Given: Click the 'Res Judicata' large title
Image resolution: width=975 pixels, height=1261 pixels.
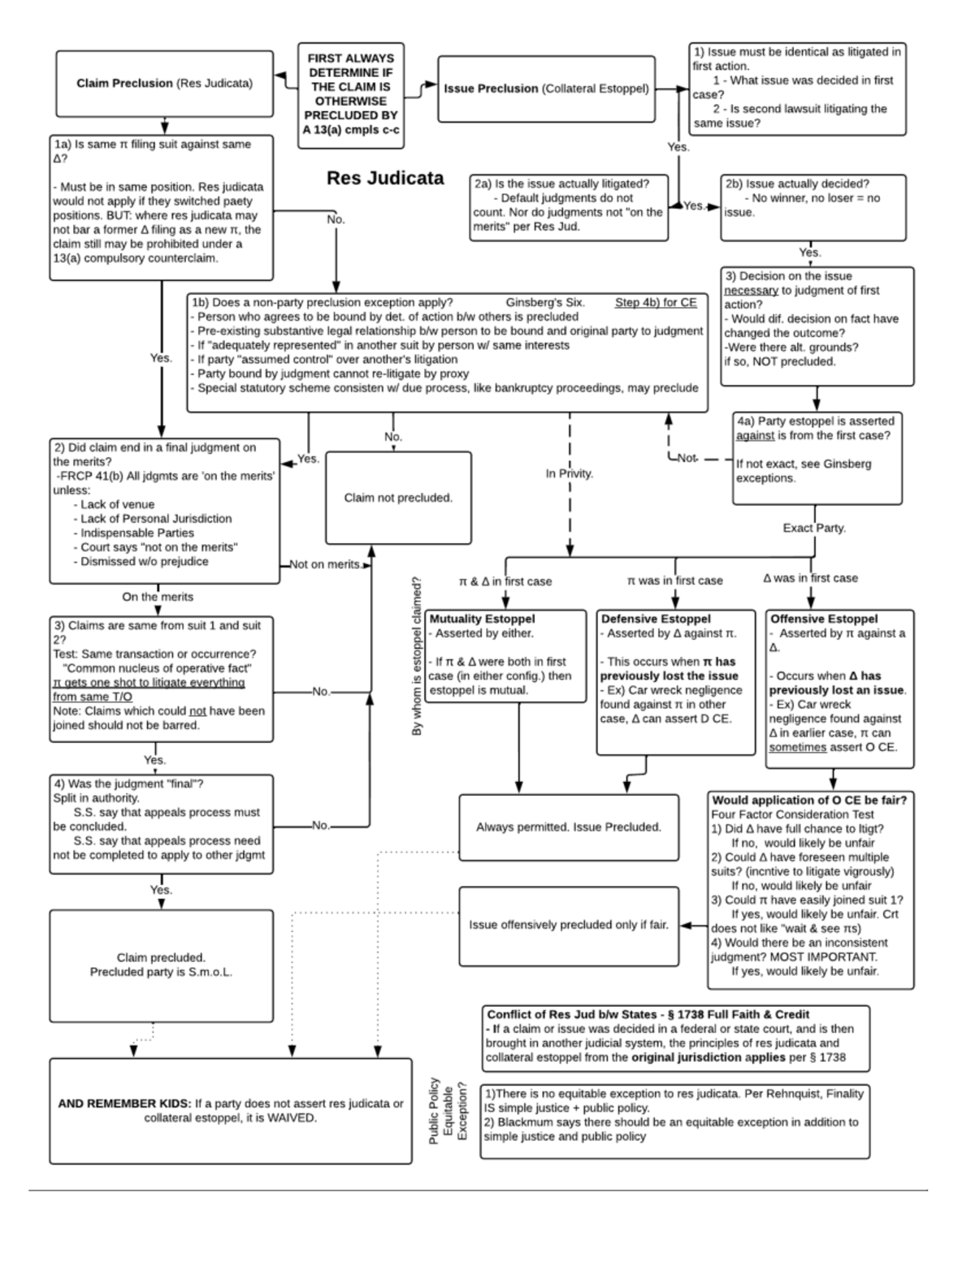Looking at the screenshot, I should click(x=385, y=178).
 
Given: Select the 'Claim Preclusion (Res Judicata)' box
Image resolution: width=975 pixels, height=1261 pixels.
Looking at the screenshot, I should click(x=164, y=84).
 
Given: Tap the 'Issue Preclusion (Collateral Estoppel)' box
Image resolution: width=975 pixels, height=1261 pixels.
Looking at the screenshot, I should click(x=546, y=89).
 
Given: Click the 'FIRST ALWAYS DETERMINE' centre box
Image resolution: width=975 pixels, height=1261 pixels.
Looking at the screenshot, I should click(x=351, y=94).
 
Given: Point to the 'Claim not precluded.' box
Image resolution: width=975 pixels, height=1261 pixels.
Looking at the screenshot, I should click(x=398, y=498).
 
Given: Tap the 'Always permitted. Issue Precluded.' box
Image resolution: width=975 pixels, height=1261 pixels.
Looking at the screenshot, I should click(x=569, y=827).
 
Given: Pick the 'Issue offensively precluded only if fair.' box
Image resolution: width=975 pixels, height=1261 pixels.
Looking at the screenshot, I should click(x=569, y=925).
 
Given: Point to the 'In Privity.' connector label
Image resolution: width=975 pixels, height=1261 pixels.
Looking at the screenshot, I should click(x=570, y=473).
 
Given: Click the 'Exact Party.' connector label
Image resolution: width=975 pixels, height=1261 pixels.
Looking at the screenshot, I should click(x=814, y=528).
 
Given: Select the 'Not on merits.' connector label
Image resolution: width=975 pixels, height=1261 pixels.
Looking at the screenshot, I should click(x=325, y=564).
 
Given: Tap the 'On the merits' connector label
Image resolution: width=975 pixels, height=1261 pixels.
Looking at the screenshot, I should click(x=158, y=597).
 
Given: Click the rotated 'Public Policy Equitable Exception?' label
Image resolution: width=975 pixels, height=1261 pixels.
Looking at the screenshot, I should click(x=448, y=1112).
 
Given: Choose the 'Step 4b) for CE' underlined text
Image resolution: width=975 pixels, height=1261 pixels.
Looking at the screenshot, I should click(x=656, y=303).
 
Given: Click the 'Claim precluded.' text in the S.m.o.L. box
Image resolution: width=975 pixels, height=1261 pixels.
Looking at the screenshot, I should click(x=161, y=957).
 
